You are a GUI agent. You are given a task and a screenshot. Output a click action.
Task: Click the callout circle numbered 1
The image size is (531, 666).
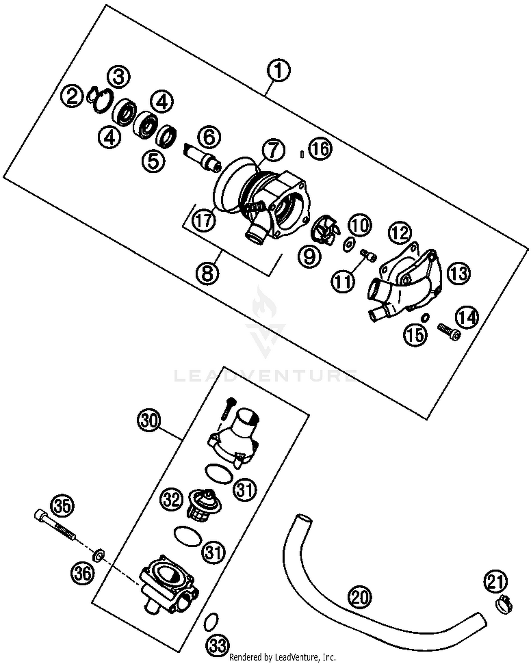click(x=279, y=70)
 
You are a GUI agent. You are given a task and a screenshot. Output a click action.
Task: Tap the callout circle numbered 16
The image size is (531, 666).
click(x=320, y=149)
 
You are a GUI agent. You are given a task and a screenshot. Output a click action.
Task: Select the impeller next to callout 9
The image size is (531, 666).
click(x=323, y=232)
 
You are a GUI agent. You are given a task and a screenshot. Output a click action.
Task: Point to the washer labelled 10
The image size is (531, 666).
click(x=349, y=244)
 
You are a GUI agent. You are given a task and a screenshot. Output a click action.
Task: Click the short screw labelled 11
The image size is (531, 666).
click(x=368, y=255)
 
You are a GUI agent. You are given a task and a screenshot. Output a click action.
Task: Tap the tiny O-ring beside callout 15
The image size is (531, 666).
click(x=425, y=317)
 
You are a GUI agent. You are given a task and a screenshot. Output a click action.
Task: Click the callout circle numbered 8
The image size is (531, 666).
click(x=207, y=273)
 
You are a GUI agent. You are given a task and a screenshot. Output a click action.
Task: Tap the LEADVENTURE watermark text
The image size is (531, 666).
click(x=265, y=375)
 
